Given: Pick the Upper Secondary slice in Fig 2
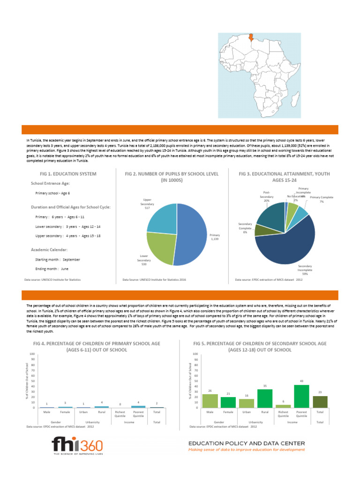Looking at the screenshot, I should click(162, 216).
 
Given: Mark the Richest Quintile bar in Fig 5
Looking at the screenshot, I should click(283, 406).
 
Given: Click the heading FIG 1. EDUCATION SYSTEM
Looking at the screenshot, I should click(63, 174).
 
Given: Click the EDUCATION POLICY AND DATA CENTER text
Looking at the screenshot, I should click(247, 443).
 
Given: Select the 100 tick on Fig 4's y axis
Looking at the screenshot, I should click(32, 354).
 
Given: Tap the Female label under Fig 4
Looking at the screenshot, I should click(65, 412).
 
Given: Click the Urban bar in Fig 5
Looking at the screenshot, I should click(247, 403).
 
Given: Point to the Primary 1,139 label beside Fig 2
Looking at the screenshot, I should click(215, 237).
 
